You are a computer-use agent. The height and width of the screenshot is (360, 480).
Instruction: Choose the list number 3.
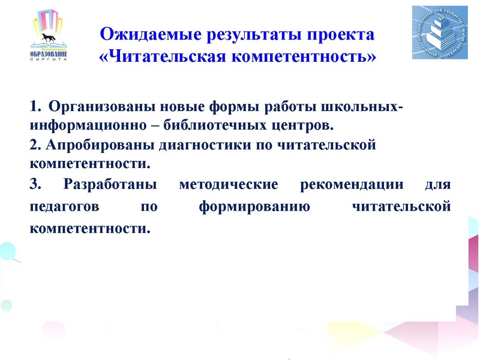[34, 184]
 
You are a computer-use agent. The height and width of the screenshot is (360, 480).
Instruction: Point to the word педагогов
[63, 208]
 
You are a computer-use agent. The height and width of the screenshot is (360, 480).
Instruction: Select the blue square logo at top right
[440, 33]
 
